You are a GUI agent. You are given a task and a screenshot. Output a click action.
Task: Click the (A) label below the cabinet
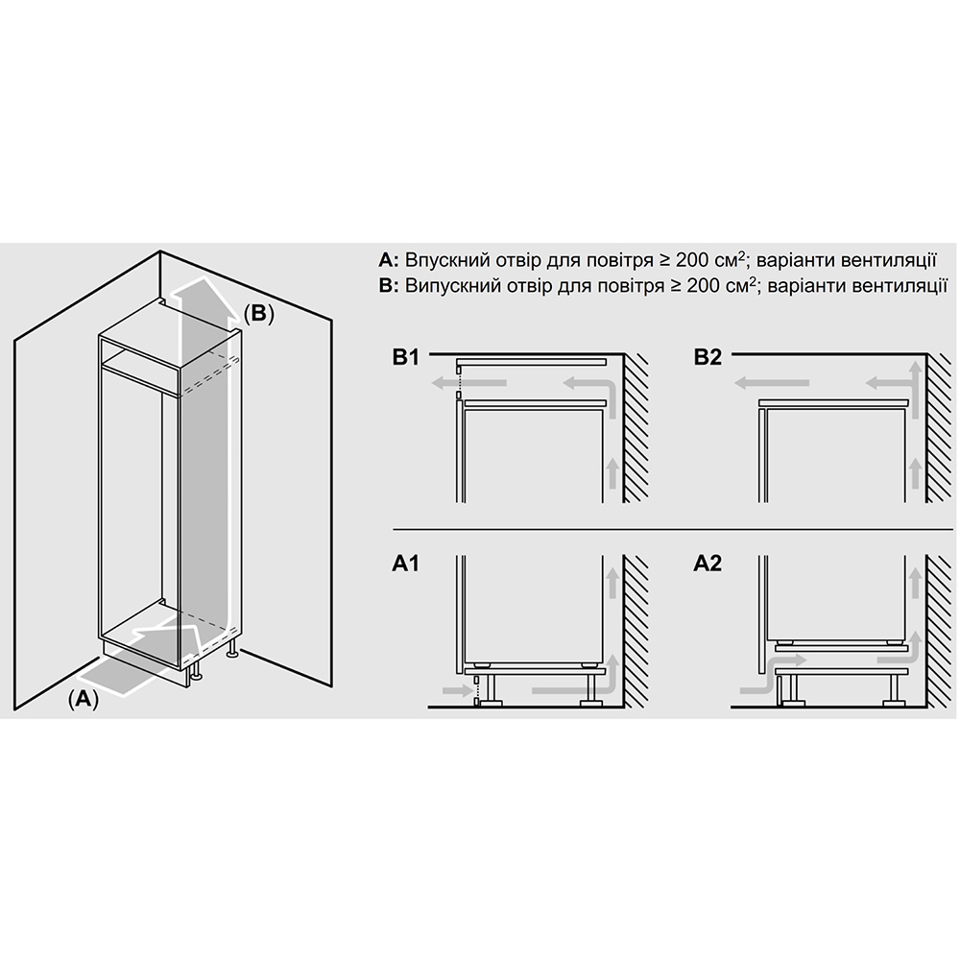[x=83, y=699]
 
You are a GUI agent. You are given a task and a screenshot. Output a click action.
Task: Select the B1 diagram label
[x=405, y=357]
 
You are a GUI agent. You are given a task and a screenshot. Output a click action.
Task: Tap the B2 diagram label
[x=708, y=357]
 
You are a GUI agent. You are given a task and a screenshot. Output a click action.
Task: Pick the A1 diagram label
[x=405, y=564]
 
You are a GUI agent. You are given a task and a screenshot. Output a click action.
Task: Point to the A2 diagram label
[x=708, y=564]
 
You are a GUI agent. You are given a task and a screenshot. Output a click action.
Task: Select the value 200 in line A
[x=693, y=260]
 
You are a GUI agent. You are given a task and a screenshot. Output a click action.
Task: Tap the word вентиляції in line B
[x=900, y=286]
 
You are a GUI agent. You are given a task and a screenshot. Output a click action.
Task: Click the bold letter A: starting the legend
[x=389, y=260]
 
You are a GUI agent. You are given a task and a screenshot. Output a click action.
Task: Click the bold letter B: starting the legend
[x=389, y=286]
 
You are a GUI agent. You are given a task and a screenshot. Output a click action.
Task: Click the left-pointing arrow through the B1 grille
[x=469, y=383]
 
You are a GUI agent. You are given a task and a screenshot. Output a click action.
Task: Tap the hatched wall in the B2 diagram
[x=941, y=428]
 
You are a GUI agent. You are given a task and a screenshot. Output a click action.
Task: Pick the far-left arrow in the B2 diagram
[x=772, y=383]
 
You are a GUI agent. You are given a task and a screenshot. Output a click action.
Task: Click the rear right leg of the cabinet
[x=232, y=650]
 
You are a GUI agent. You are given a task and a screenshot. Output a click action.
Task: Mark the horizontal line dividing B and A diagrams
[x=674, y=529]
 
